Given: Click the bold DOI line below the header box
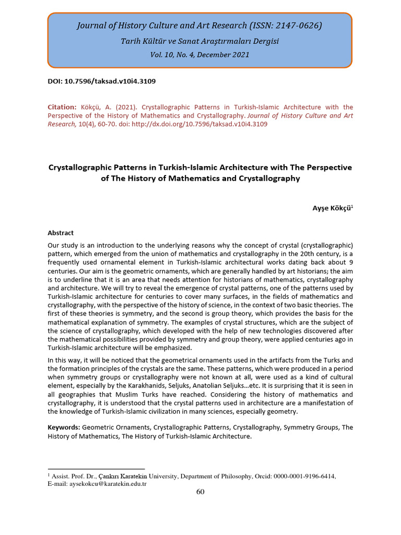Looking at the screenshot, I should [x=102, y=82].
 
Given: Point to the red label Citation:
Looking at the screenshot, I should [x=62, y=107].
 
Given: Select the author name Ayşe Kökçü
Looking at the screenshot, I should [x=331, y=207].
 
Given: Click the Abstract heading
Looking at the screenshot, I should [x=61, y=233].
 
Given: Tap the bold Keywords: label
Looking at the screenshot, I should [x=64, y=427].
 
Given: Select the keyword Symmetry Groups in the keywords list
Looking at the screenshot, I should [x=311, y=427].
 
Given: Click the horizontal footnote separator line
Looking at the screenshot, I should [x=96, y=469].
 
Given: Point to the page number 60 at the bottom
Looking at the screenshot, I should [x=200, y=492].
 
